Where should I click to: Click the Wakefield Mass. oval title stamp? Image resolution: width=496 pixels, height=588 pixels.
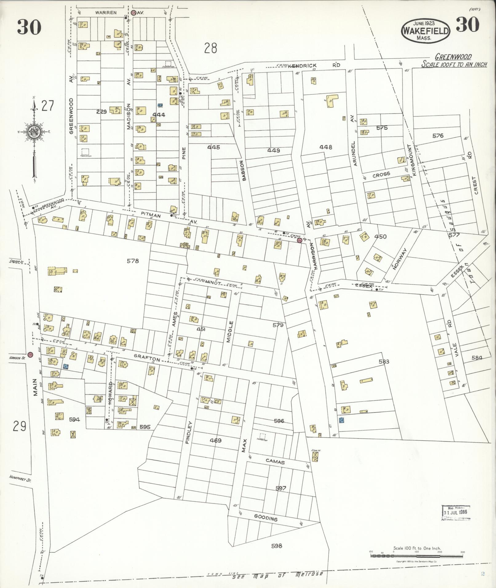pos(426,31)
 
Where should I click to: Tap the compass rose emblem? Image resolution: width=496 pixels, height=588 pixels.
pos(33,132)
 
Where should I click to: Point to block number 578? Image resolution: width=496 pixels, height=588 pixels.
pos(133,261)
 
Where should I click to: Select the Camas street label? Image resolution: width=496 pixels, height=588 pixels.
pos(275,462)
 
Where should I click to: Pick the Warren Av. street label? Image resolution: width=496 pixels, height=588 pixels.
pos(106,13)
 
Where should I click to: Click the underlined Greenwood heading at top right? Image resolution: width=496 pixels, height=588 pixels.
pos(453,57)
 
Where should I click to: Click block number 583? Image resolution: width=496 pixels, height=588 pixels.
pos(384,361)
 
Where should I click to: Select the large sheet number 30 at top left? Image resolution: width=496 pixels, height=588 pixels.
pos(29,27)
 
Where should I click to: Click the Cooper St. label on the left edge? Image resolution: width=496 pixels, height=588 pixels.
pos(17,262)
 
